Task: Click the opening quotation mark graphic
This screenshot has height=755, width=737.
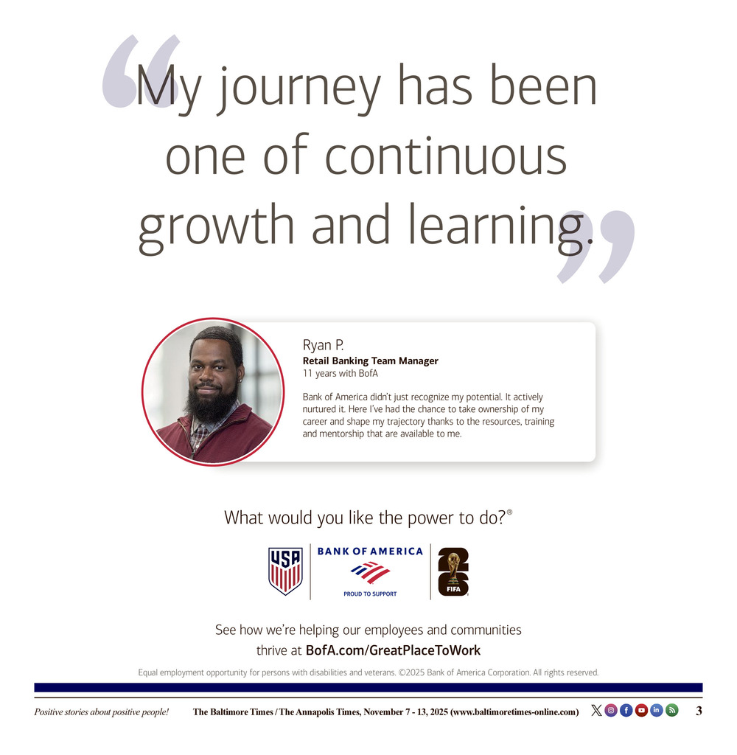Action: [x=139, y=71]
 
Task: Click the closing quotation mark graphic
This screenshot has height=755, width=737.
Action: [x=596, y=246]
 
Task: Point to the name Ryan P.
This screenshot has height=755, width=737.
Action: [x=323, y=345]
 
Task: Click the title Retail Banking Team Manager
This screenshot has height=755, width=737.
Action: [x=370, y=361]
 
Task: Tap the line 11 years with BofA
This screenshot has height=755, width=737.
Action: [x=340, y=373]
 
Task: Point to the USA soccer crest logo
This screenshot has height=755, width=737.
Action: [x=285, y=571]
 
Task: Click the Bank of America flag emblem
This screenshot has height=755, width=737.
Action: [x=370, y=572]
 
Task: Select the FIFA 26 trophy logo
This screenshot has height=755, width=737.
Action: [x=453, y=572]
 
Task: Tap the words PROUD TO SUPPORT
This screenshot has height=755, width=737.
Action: [x=370, y=594]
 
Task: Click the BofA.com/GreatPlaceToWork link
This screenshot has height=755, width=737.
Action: [x=393, y=650]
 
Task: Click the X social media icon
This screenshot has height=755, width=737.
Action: [x=596, y=710]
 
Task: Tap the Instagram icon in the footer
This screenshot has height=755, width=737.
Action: [x=611, y=710]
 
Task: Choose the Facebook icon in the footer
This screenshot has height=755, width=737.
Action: [x=626, y=710]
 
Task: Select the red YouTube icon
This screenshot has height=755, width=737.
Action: [x=641, y=710]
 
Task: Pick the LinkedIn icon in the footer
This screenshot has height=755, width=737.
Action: [x=656, y=710]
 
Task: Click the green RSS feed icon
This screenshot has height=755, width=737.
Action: [x=671, y=710]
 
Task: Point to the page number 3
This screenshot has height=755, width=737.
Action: [x=699, y=711]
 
